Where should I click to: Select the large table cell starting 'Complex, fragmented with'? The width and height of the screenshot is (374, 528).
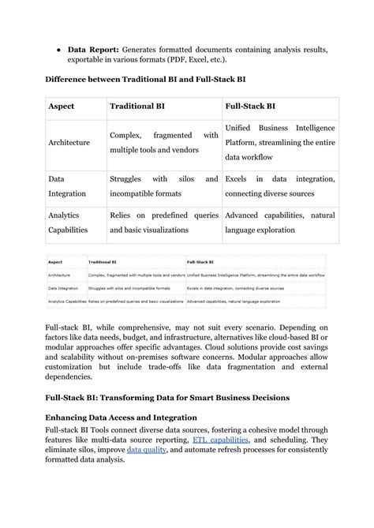pyautogui.click(x=163, y=142)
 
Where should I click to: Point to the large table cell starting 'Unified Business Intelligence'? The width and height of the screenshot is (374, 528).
pyautogui.click(x=279, y=142)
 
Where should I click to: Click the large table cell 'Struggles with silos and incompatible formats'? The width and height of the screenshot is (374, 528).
pyautogui.click(x=163, y=186)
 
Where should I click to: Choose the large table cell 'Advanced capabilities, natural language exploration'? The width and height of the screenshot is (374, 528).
pyautogui.click(x=279, y=222)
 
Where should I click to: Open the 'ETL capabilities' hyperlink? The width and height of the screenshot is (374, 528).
pyautogui.click(x=221, y=439)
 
